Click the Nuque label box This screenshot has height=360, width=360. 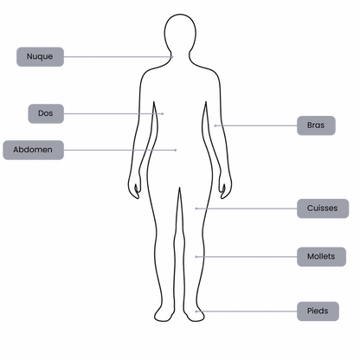(40, 57)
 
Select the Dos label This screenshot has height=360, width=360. (46, 113)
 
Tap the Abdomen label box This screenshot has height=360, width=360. (33, 150)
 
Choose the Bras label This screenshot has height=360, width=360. (316, 125)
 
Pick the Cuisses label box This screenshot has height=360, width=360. (323, 209)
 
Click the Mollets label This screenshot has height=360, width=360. (321, 256)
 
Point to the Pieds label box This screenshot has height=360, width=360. (318, 312)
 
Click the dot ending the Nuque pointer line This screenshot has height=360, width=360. (172, 57)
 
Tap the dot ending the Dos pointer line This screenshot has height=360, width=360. (163, 113)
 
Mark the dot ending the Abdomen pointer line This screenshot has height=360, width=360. (176, 150)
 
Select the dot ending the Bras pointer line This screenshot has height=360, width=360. (215, 125)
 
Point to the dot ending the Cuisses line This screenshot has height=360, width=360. (196, 209)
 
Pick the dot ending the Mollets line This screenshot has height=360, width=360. (196, 256)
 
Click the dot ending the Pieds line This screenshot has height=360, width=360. (196, 312)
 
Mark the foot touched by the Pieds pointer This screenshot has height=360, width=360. (194, 313)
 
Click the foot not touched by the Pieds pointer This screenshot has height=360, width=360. (164, 313)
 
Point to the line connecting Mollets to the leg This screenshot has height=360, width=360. (247, 256)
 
